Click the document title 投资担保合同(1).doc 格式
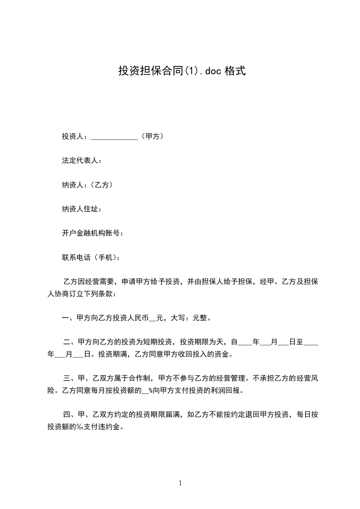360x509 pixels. [182, 71]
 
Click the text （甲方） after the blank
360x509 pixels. [152, 136]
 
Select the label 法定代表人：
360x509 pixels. [82, 160]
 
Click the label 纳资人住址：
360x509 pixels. [82, 209]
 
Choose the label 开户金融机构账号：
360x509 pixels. [93, 233]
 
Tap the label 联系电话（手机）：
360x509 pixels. [91, 257]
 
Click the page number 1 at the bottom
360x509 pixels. [180, 483]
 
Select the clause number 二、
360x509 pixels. [70, 342]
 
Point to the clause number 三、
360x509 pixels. [70, 377]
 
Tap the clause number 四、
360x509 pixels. [70, 414]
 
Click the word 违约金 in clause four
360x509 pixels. [112, 427]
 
